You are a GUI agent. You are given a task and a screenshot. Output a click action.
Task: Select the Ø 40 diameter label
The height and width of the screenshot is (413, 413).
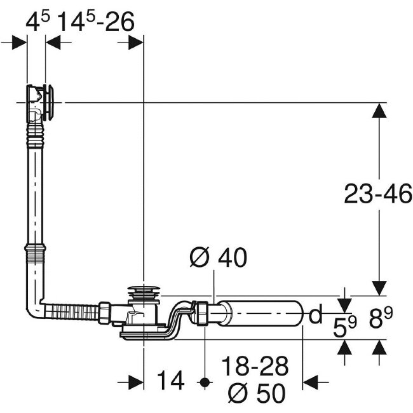219,257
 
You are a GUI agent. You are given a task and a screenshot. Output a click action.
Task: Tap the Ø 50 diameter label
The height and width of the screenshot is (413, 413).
257,393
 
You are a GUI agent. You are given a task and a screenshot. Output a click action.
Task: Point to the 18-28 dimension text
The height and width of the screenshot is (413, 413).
255,366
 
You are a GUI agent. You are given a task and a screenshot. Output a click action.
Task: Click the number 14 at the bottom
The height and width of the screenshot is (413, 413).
170,381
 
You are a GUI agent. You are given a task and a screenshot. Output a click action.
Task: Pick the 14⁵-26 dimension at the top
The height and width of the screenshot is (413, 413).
96,22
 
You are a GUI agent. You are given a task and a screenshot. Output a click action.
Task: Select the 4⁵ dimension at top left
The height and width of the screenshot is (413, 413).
37,22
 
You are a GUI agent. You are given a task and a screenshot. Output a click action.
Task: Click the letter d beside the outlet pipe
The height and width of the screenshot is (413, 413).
315,313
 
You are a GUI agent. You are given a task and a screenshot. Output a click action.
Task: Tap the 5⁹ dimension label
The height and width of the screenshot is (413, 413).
345,327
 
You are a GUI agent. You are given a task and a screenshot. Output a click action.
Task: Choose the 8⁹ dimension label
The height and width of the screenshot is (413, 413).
381,318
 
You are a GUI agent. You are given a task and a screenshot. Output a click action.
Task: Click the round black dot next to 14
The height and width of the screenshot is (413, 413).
205,381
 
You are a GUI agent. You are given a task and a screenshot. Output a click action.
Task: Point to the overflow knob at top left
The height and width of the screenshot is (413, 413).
49,102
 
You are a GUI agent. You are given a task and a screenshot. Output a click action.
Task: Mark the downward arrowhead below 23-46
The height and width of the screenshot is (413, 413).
379,288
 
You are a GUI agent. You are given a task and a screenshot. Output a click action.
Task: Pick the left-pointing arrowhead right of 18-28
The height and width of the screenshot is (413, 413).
311,382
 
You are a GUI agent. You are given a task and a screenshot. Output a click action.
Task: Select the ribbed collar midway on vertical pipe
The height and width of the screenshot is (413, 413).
36,254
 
